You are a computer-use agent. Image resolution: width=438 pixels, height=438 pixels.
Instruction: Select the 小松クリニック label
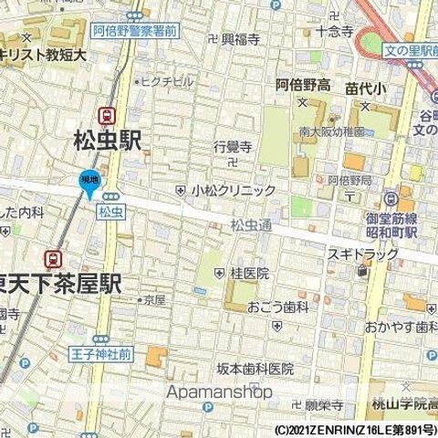pos(233,191)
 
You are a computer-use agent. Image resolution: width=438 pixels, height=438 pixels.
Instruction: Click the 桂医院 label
pos(249,273)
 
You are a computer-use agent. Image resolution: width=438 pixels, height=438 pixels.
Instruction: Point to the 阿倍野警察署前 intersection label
pos(134,28)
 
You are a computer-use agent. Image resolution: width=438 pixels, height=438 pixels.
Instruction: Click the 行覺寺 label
pos(232,144)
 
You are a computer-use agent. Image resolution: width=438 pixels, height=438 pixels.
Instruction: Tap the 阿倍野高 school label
pos(303,85)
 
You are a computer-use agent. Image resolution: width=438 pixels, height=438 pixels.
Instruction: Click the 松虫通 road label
pos(251,225)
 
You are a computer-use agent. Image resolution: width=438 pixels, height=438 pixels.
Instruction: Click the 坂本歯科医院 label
pos(255,369)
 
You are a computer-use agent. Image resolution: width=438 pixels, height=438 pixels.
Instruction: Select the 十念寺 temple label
pos(334,31)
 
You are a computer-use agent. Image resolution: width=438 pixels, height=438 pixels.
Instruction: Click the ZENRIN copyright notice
pos(355,429)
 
